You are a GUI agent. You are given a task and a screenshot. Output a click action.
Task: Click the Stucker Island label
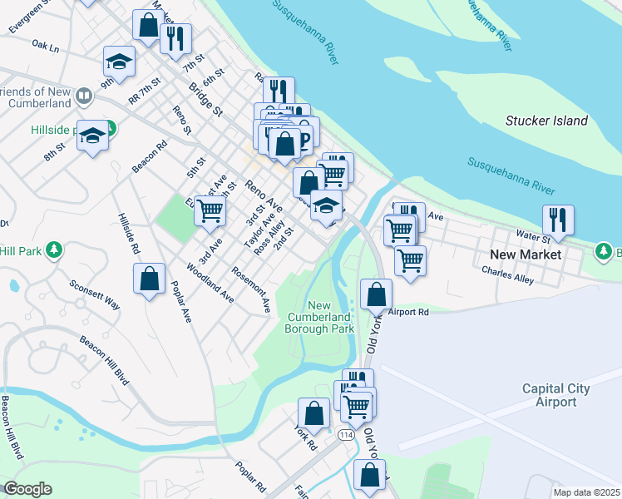click(x=546, y=121)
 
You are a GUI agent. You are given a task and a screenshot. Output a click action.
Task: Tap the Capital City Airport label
click(x=556, y=395)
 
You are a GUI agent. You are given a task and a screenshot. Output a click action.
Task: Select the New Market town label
click(x=526, y=254)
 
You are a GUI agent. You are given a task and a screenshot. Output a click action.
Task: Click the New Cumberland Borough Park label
click(x=321, y=317)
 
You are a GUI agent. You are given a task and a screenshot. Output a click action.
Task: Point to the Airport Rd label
click(x=409, y=313)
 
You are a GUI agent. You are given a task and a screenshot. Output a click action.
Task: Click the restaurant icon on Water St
click(x=558, y=220)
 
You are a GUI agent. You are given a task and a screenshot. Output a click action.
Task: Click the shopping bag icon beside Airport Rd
click(x=377, y=293)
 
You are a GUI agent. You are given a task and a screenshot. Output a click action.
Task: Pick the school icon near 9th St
click(x=119, y=62)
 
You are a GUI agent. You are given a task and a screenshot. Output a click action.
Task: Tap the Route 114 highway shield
click(x=346, y=436)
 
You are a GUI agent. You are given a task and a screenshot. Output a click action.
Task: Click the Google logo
click(x=27, y=489)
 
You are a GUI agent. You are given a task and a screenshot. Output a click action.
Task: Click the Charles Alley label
click(x=508, y=274)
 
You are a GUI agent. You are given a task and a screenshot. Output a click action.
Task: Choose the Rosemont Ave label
click(x=252, y=289)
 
